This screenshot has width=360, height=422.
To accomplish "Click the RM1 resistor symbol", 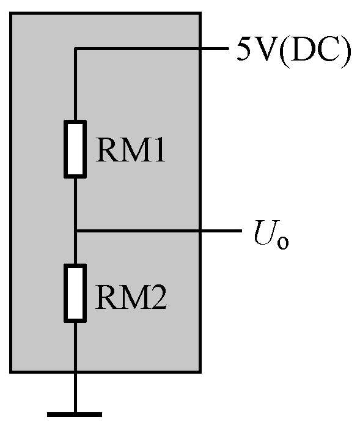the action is [75, 149].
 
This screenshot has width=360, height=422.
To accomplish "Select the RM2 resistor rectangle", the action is [75, 293].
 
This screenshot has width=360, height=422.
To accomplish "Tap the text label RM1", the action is [130, 149].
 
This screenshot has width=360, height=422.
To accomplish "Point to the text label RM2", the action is [131, 297].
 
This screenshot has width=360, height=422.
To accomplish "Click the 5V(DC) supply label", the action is [294, 51].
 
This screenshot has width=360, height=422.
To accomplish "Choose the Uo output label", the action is [271, 234].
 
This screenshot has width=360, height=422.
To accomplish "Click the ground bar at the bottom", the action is [75, 415].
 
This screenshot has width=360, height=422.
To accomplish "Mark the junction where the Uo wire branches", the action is [75, 231].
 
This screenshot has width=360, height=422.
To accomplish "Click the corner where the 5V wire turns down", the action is [75, 49].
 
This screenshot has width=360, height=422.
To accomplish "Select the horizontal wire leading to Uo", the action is [159, 231].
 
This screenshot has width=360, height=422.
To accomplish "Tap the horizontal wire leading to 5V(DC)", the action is [152, 49].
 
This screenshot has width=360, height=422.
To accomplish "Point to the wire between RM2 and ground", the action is [75, 368].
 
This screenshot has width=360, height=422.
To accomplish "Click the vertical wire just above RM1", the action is [75, 84].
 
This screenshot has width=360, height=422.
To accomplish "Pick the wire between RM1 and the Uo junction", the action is [75, 204].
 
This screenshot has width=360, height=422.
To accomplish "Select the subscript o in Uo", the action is [283, 243].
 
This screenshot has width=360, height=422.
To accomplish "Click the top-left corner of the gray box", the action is [10, 13].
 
